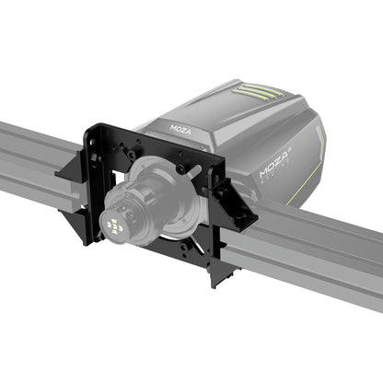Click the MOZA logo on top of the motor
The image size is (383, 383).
click(181, 121)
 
